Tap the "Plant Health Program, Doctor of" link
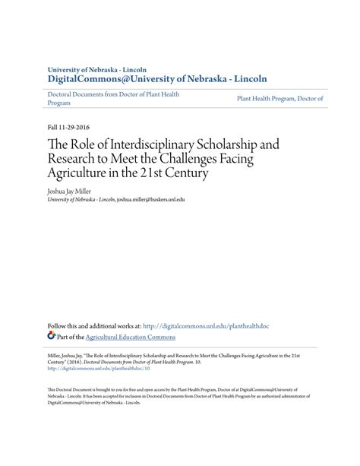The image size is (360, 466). tap(280, 99)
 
